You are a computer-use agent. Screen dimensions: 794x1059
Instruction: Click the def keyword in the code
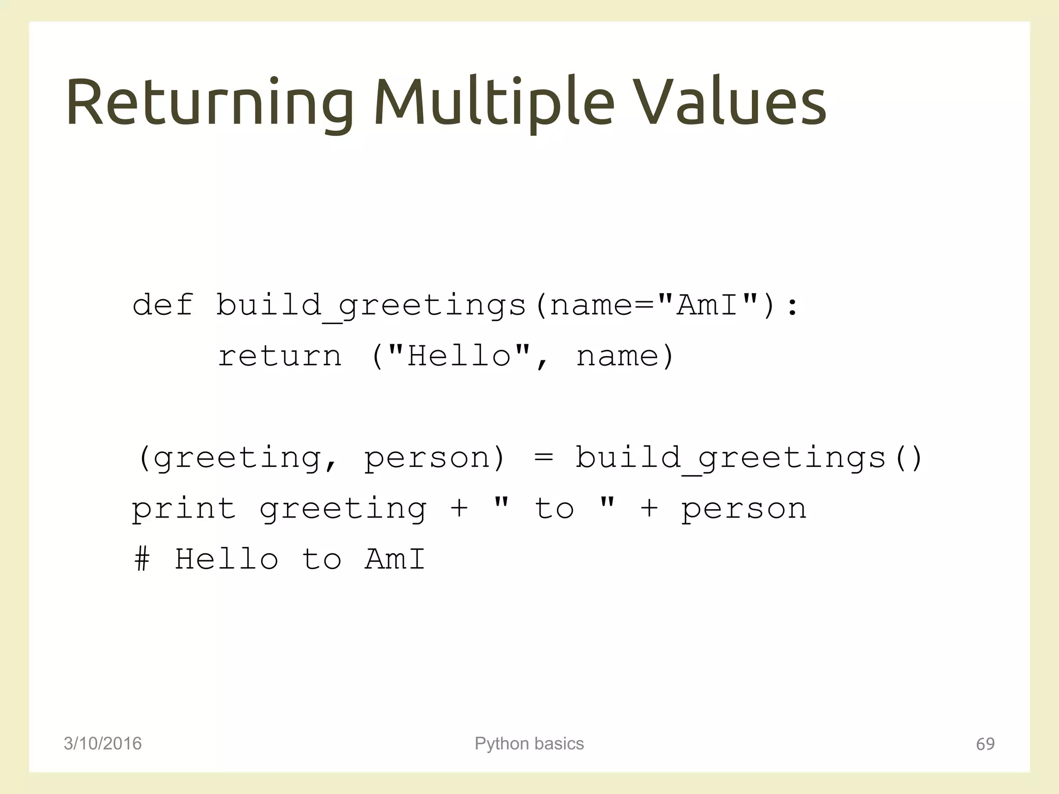[163, 305]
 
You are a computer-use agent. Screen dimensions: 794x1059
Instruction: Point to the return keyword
[279, 356]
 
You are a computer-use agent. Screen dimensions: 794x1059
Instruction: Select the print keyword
[184, 509]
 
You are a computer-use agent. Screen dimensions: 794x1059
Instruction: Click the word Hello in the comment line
[226, 559]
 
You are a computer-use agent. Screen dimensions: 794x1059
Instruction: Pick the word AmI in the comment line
[395, 559]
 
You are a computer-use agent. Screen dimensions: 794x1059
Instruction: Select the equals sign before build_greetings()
[543, 458]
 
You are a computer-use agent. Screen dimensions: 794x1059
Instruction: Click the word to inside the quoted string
[554, 509]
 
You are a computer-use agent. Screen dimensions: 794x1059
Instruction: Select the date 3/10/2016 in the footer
[102, 743]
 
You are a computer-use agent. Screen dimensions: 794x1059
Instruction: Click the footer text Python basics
[529, 743]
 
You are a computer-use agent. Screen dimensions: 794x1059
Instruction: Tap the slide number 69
[985, 744]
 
